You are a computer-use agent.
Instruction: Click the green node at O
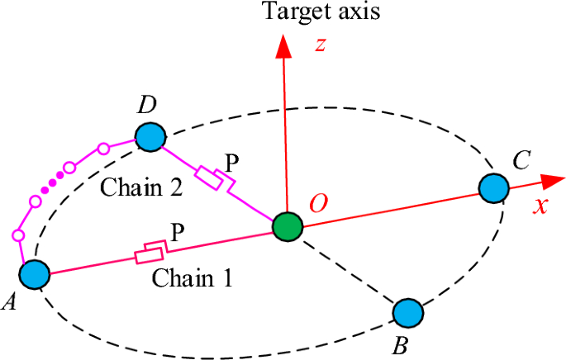(288, 226)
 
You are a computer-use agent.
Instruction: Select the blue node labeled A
(35, 274)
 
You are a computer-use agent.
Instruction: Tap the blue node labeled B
(408, 313)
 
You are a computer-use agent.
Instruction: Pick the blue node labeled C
(494, 187)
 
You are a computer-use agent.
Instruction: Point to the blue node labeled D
(150, 136)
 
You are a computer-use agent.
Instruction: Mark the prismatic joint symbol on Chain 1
(151, 253)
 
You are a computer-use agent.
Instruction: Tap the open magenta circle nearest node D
(103, 149)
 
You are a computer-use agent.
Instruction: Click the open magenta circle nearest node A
(18, 236)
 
